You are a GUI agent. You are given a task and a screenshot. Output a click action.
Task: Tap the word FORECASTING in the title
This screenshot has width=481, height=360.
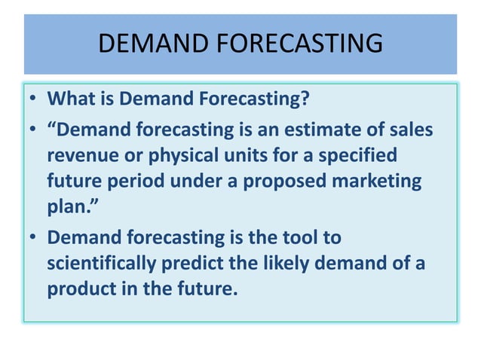click(299, 44)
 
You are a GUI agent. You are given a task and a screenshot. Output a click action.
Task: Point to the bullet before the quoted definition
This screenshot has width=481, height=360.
click(35, 130)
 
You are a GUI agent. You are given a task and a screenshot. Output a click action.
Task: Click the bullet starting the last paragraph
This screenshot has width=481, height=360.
click(35, 239)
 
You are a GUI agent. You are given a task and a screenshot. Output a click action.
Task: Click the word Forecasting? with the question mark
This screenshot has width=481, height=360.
click(249, 99)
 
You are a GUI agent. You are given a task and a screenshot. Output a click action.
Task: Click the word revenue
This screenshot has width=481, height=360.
click(82, 157)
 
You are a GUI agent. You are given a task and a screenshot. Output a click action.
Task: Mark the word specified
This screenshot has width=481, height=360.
click(357, 157)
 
